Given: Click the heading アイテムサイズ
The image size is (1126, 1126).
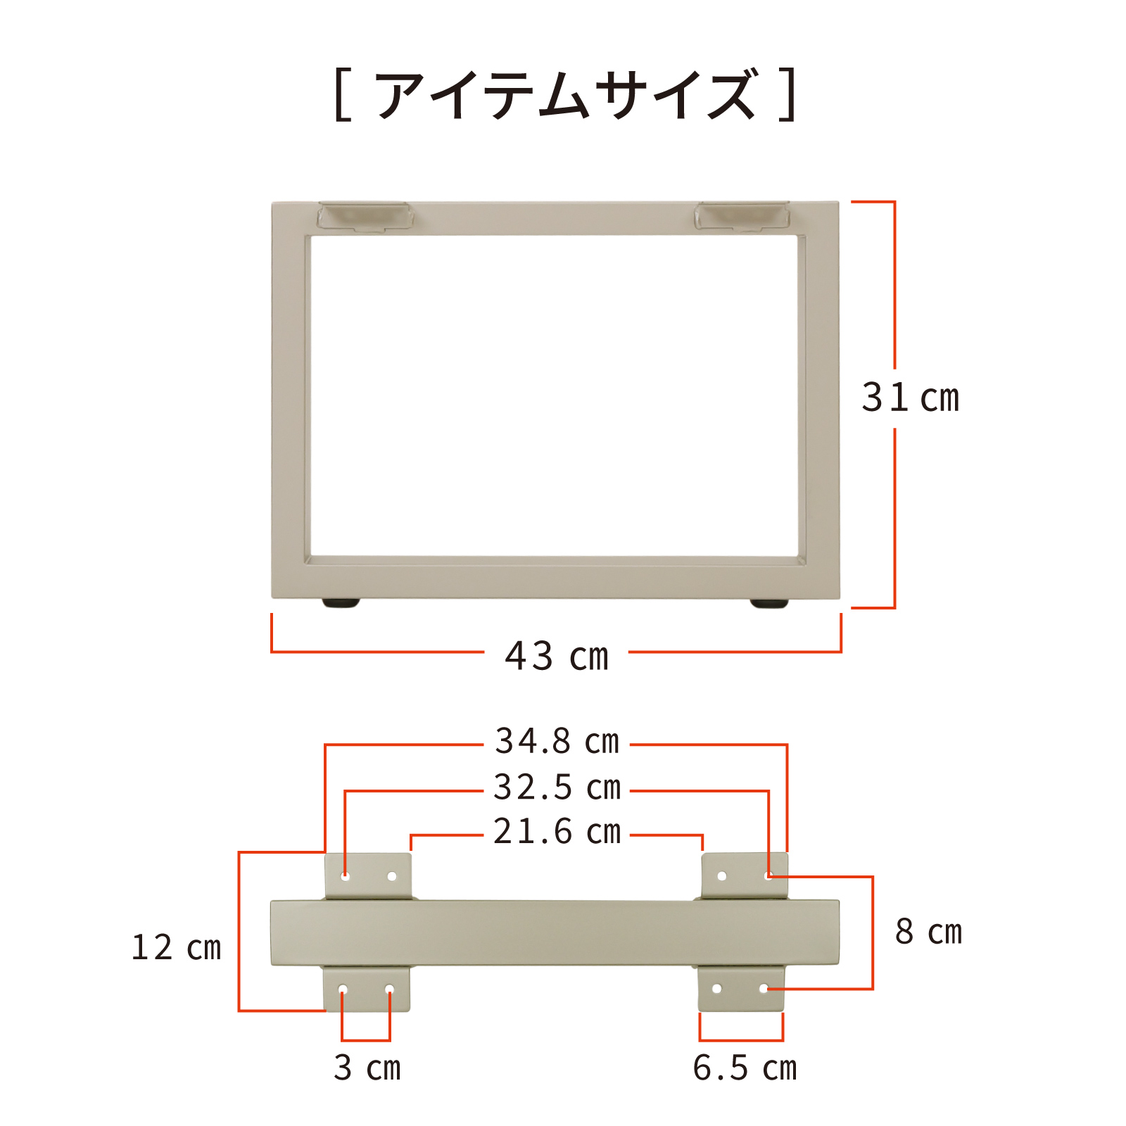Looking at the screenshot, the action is (x=566, y=94).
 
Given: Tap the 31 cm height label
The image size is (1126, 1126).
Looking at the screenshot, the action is (x=911, y=398).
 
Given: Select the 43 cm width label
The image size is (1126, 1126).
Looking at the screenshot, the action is (x=557, y=656).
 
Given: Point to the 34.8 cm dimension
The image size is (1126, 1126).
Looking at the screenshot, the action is (x=557, y=741).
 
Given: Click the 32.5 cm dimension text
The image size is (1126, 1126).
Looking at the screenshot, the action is (x=557, y=787).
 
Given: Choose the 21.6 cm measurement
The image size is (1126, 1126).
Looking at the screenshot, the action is (x=557, y=831).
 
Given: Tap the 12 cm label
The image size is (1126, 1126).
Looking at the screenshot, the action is (x=177, y=947).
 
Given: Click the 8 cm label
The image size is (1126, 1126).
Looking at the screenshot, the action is (x=928, y=932).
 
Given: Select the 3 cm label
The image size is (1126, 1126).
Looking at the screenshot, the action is (x=367, y=1068).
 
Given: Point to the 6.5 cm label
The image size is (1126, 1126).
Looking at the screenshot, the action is (x=745, y=1068).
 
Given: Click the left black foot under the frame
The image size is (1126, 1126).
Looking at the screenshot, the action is (x=341, y=602).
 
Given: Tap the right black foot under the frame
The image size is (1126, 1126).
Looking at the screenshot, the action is (x=769, y=602).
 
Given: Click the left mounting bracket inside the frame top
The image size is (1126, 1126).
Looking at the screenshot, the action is (x=365, y=216).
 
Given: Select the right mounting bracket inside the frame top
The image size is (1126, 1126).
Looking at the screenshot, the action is (x=742, y=216).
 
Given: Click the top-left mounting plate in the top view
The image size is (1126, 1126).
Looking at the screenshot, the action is (x=368, y=876).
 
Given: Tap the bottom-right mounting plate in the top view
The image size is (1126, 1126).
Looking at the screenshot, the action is (x=741, y=989).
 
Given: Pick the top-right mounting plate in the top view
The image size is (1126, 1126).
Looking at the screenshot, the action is (x=745, y=876).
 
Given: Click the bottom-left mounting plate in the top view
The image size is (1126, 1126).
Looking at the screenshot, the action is (x=366, y=989).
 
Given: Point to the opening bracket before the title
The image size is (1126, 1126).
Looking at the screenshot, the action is (x=343, y=94).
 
